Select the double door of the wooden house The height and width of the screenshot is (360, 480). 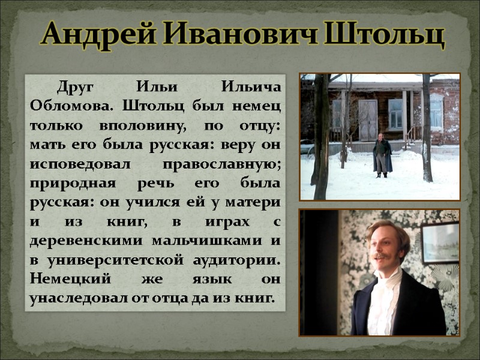(x=367, y=120)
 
